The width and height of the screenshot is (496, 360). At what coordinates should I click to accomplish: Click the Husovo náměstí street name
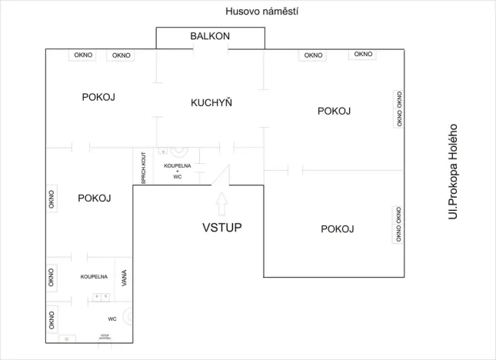[x=261, y=12]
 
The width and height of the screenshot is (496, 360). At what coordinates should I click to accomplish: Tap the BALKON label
[x=210, y=36]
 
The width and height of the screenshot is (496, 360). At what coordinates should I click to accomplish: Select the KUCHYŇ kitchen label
[x=211, y=102]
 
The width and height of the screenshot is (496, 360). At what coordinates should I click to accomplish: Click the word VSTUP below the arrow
[x=222, y=228]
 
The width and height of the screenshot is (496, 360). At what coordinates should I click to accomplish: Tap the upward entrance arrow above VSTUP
[x=221, y=203]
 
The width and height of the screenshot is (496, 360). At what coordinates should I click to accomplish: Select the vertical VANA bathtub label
[x=124, y=278]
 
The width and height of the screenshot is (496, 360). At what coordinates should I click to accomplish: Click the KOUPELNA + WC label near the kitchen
[x=177, y=171]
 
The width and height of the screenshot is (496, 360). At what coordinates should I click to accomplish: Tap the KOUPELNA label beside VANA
[x=94, y=276]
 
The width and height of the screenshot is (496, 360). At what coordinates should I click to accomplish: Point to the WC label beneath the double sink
[x=112, y=318]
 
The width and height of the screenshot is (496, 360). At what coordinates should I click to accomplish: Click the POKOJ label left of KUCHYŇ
[x=98, y=97]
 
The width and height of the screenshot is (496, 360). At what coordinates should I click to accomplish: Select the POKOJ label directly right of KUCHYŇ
[x=334, y=111]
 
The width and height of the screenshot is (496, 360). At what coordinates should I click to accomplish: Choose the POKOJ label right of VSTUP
[x=337, y=228]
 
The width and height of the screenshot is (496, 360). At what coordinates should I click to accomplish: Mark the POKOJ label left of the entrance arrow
[x=95, y=198]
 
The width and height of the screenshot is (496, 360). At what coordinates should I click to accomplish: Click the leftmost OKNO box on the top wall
[x=84, y=55]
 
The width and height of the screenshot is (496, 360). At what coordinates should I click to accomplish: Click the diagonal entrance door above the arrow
[x=223, y=176]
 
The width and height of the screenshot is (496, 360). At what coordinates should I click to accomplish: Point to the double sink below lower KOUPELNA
[x=99, y=296]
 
